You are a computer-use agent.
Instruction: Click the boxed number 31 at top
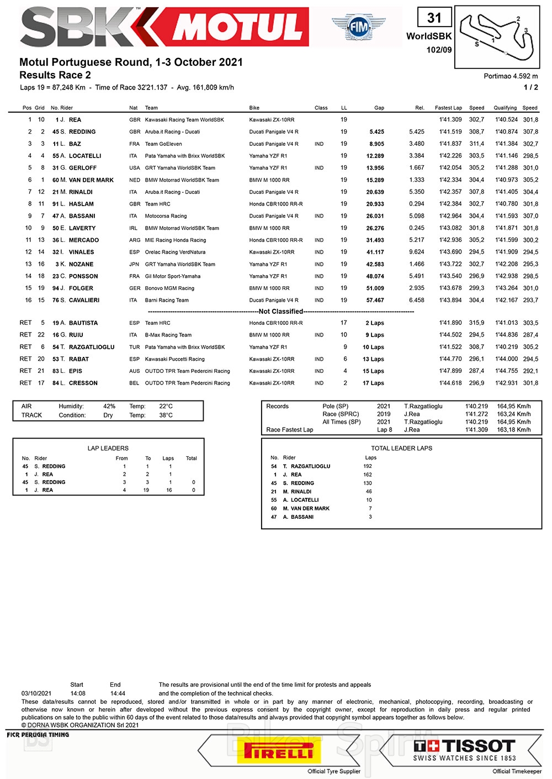[x=434, y=18]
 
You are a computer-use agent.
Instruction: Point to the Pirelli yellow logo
[x=279, y=751]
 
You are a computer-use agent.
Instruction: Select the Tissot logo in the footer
[x=464, y=750]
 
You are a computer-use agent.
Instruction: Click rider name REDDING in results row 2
[x=82, y=132]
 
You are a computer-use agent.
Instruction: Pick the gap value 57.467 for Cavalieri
[x=375, y=301]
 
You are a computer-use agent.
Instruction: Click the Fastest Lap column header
[x=448, y=108]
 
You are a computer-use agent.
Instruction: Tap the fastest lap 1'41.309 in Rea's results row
[x=450, y=120]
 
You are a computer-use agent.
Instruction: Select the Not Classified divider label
[x=281, y=312]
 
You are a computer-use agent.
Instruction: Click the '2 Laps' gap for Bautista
[x=375, y=323]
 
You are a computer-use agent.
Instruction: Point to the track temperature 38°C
[x=166, y=415]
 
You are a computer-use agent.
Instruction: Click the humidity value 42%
[x=109, y=406]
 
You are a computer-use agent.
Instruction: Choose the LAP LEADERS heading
[x=108, y=449]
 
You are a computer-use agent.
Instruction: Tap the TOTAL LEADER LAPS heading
[x=401, y=449]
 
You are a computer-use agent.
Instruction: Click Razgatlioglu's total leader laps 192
[x=368, y=466]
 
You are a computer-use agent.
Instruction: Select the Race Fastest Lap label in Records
[x=289, y=430]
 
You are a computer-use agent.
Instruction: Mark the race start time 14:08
[x=78, y=693]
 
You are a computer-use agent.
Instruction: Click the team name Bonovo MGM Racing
[x=169, y=288]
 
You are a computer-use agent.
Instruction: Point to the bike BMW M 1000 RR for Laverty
[x=269, y=228]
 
